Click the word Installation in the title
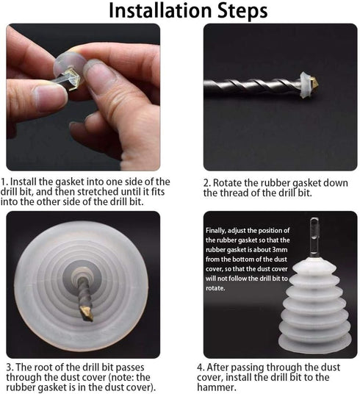click(x=160, y=10)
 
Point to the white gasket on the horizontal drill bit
click(x=305, y=85)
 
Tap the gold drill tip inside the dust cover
click(x=86, y=313)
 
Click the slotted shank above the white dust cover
click(x=314, y=237)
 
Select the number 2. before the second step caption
click(x=207, y=183)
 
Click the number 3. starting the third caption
click(x=10, y=368)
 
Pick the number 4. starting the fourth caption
click(x=201, y=368)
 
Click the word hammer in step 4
click(x=215, y=387)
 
